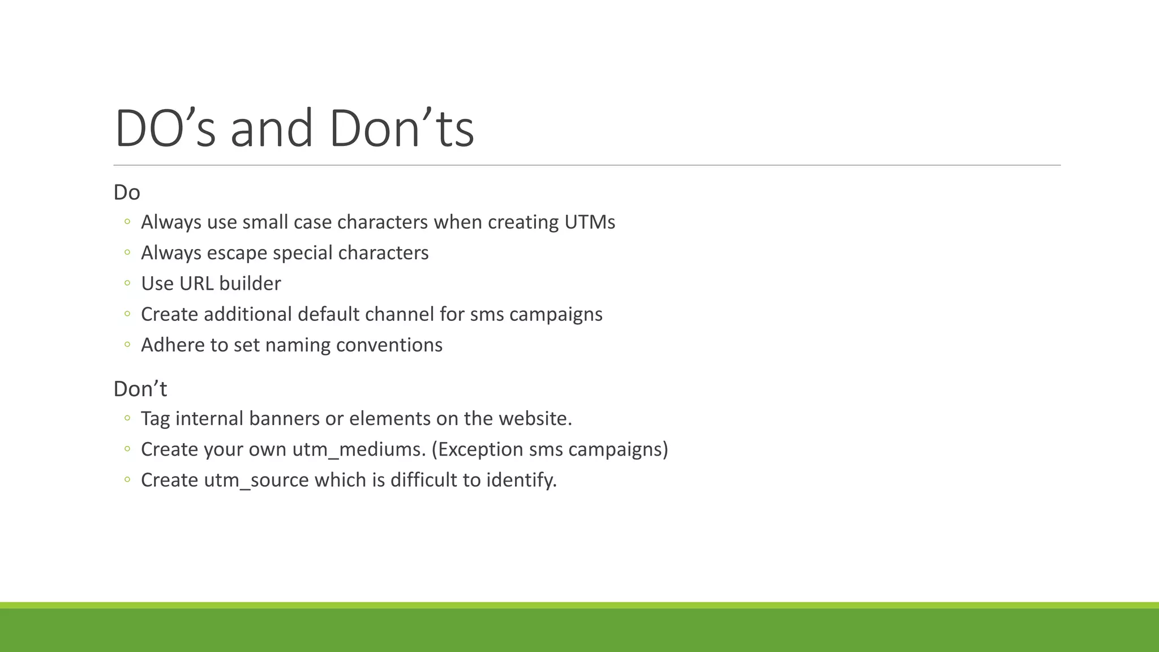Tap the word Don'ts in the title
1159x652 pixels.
click(x=401, y=128)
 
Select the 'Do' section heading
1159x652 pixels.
click(x=127, y=192)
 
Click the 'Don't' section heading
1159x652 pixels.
click(x=140, y=389)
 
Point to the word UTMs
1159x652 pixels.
click(x=590, y=222)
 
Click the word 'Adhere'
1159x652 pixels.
click(x=173, y=345)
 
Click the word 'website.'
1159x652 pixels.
click(x=535, y=418)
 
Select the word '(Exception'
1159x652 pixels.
click(x=478, y=449)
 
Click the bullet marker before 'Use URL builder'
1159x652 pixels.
click(x=127, y=284)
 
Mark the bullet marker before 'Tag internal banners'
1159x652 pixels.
click(x=127, y=419)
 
